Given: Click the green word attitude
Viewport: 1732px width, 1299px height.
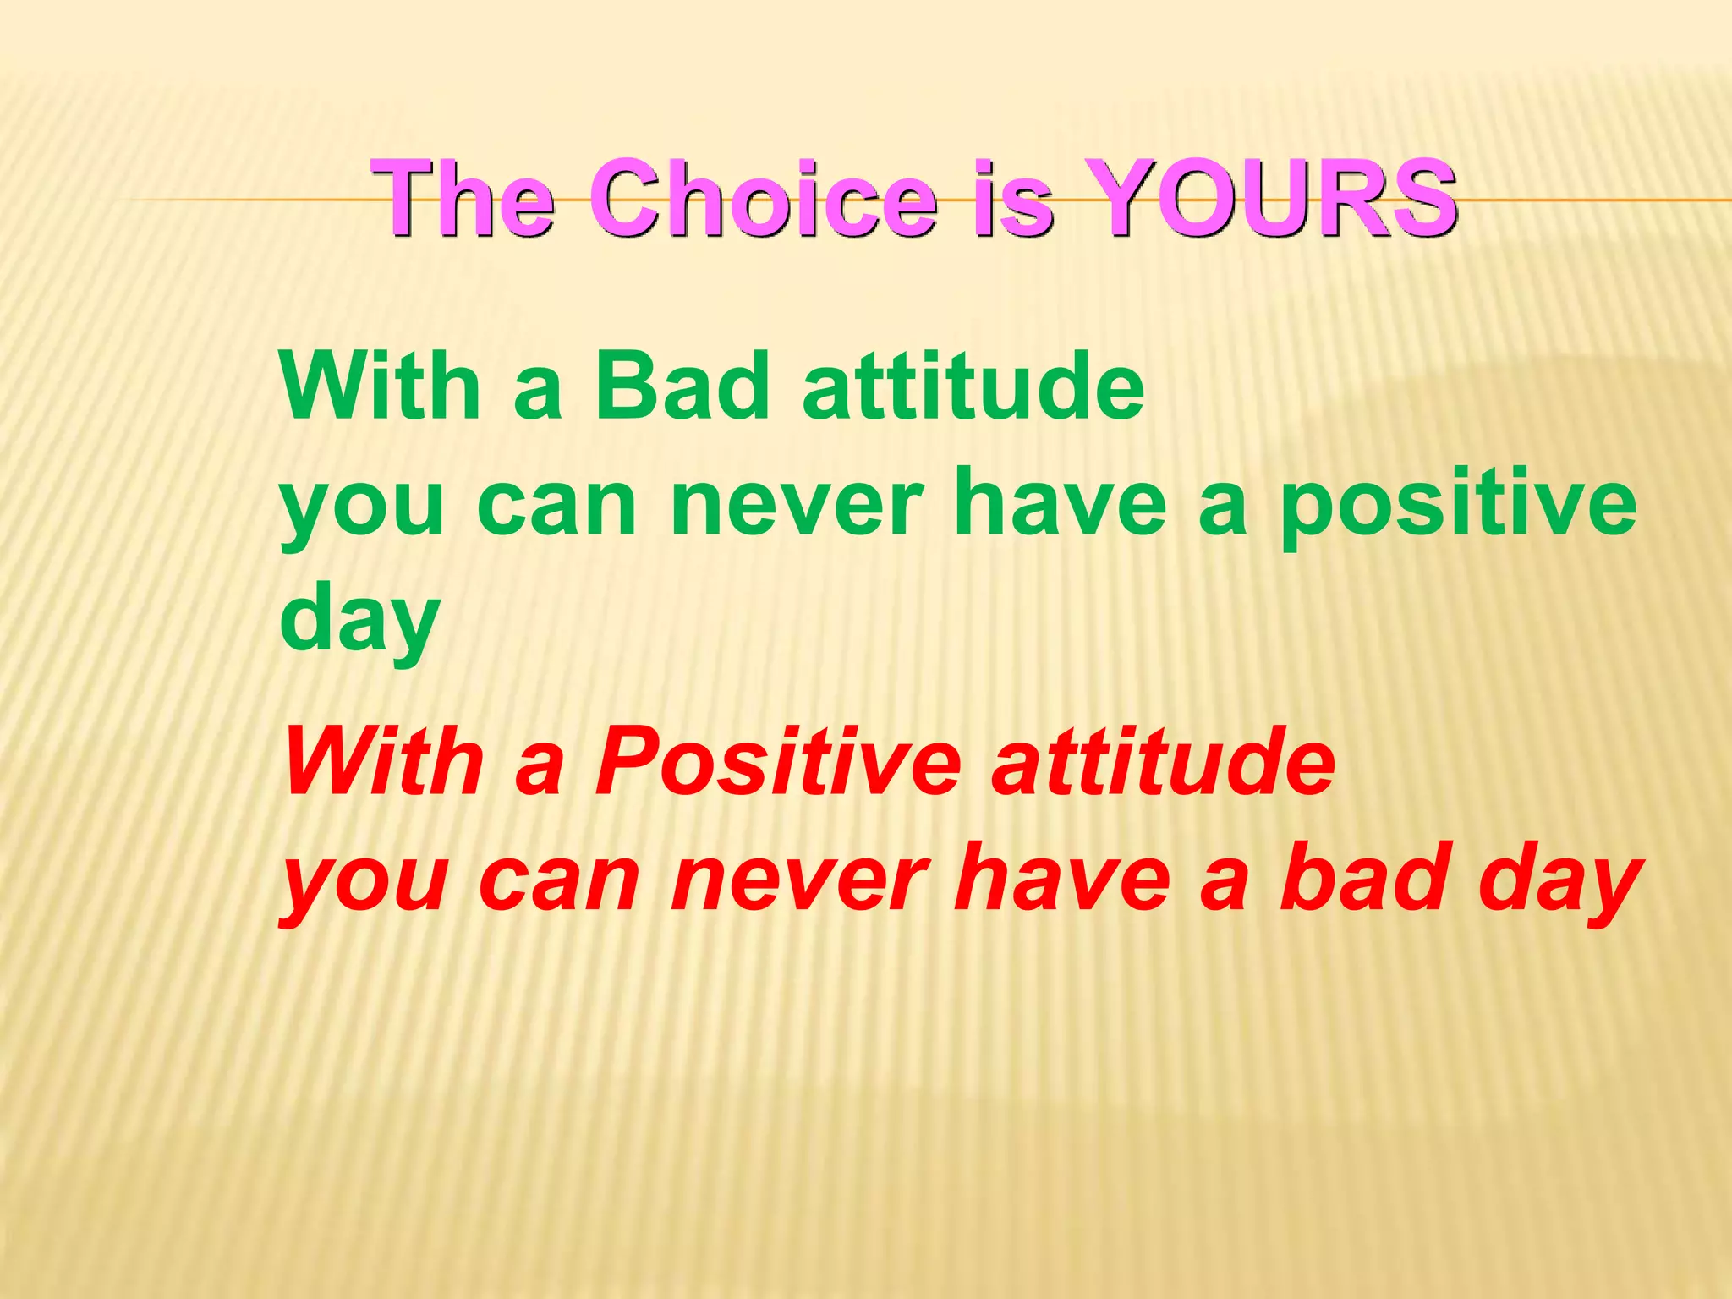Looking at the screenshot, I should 973,386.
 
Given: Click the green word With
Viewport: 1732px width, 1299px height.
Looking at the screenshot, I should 381,386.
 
